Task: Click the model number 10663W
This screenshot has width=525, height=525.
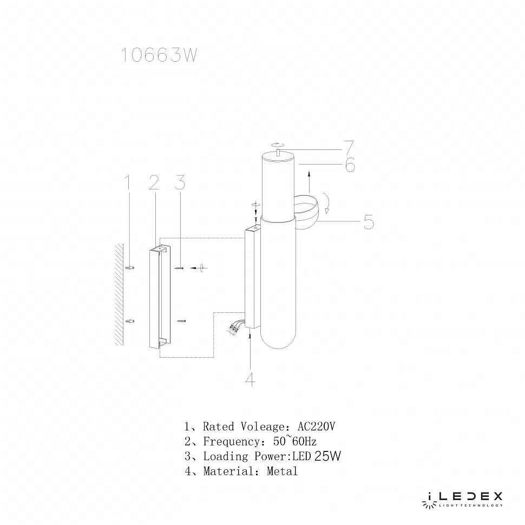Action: pyautogui.click(x=158, y=55)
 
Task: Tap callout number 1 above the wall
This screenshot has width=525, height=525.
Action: pyautogui.click(x=128, y=182)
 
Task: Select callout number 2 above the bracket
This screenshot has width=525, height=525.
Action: pyautogui.click(x=154, y=183)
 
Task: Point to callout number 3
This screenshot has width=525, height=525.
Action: pyautogui.click(x=180, y=183)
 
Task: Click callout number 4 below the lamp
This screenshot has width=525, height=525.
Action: pyautogui.click(x=250, y=379)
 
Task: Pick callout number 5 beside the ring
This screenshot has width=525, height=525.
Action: pyautogui.click(x=369, y=222)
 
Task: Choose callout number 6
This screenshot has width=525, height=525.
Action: pyautogui.click(x=350, y=165)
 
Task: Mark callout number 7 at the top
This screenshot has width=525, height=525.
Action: pyautogui.click(x=349, y=147)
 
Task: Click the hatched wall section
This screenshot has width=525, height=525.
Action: pyautogui.click(x=119, y=294)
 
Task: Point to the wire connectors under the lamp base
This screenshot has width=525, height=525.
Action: pyautogui.click(x=236, y=326)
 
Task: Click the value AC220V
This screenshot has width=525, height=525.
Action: pyautogui.click(x=317, y=426)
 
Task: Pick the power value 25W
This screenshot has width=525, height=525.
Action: pyautogui.click(x=327, y=456)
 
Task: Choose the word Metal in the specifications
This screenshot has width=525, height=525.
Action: pyautogui.click(x=283, y=471)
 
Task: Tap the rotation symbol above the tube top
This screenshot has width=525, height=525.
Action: pyautogui.click(x=277, y=145)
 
